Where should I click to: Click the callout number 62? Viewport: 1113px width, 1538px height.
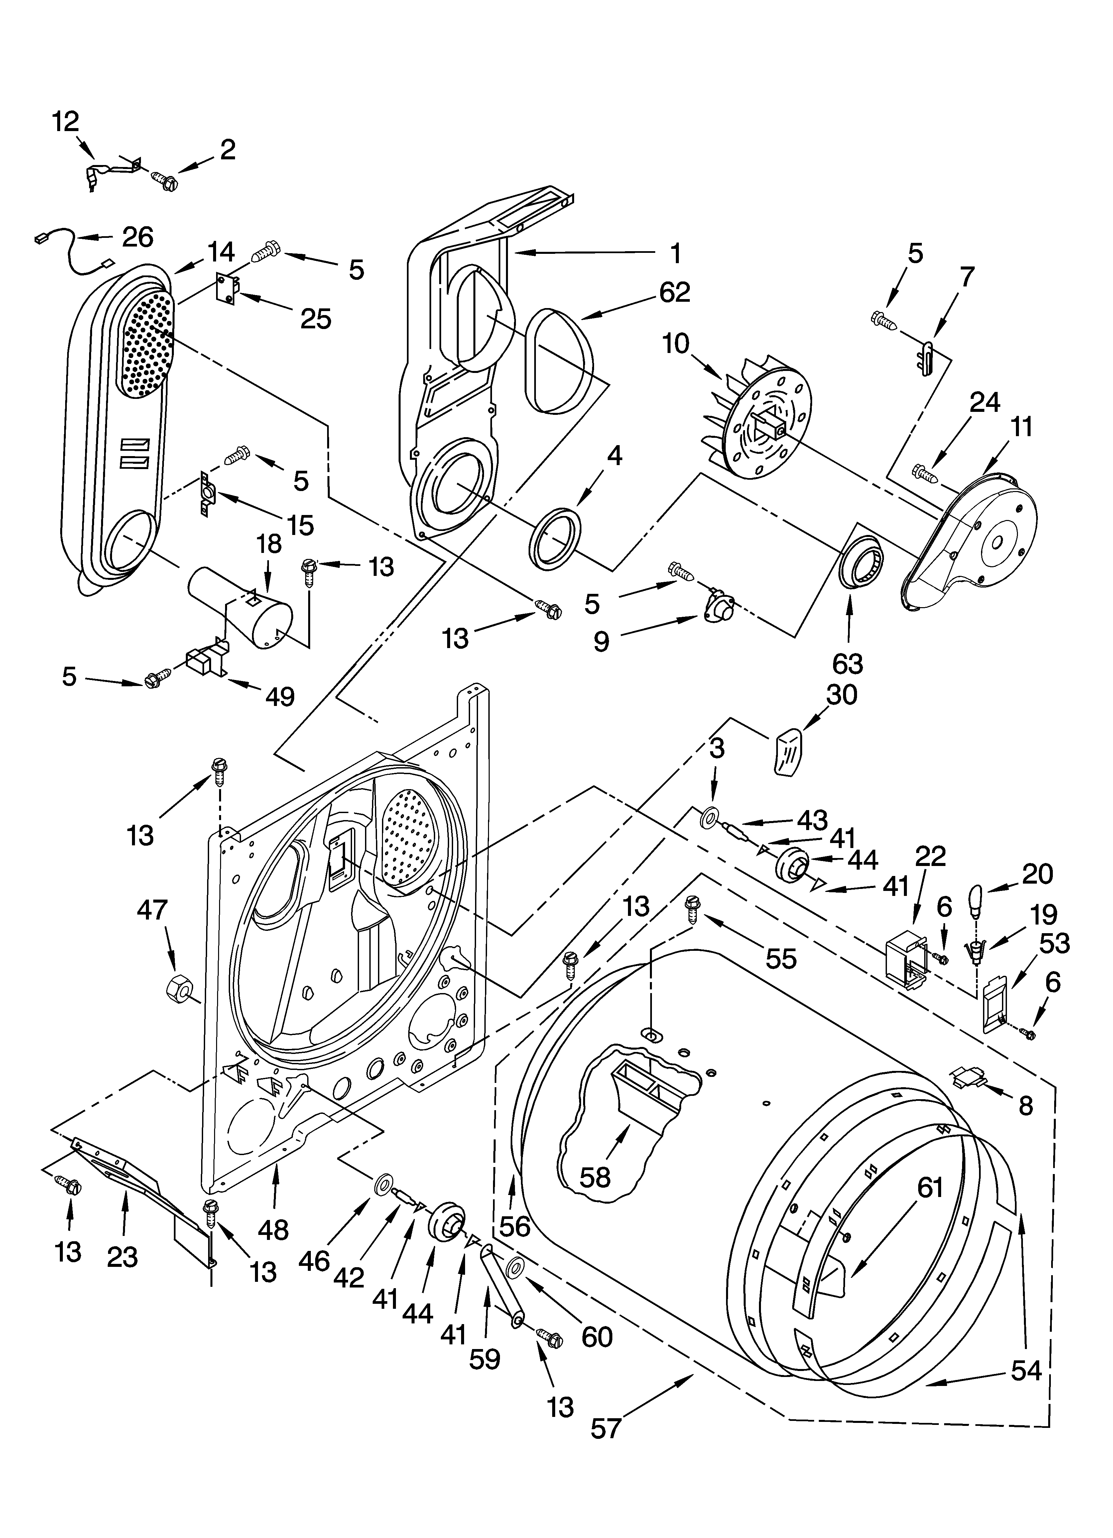(x=675, y=292)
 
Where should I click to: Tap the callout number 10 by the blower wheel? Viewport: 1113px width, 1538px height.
(x=676, y=344)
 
